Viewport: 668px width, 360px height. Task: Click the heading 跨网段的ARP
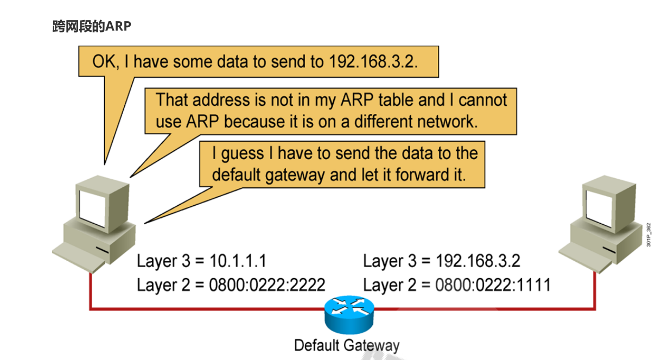[x=92, y=26]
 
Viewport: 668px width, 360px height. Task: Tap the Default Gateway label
[x=347, y=345]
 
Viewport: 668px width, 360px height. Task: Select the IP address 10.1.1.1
[x=238, y=261]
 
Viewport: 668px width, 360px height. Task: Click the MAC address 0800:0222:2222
[x=267, y=285]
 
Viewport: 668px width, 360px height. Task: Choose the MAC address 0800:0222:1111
[x=493, y=285]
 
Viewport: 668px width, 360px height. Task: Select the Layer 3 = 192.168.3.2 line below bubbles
[x=441, y=261]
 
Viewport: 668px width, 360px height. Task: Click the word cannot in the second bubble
[x=479, y=100]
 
